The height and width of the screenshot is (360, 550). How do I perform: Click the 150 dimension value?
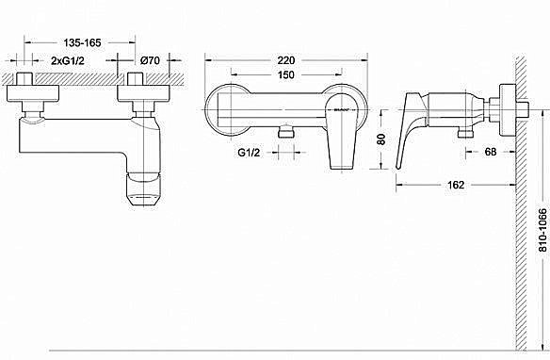click(280, 74)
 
